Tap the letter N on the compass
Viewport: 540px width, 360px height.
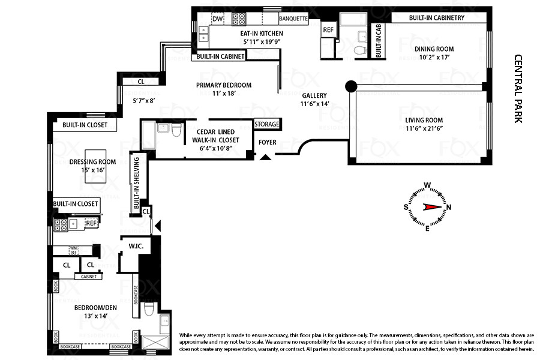tap(449, 207)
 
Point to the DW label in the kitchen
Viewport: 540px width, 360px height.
tap(217, 19)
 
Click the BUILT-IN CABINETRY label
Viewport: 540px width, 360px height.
tap(437, 18)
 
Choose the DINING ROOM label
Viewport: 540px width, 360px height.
tap(436, 49)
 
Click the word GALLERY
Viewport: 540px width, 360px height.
tap(314, 95)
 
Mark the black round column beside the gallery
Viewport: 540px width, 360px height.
tap(351, 86)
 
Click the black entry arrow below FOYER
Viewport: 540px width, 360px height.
tap(265, 157)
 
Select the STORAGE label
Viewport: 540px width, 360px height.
tap(267, 124)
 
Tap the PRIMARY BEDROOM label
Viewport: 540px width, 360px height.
tap(224, 85)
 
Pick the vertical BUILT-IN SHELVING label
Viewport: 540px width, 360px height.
tap(137, 182)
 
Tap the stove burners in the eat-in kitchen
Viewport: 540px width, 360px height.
tap(239, 19)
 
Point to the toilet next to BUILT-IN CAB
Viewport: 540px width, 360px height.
tap(360, 50)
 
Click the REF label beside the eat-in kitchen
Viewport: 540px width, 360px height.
tap(328, 29)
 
